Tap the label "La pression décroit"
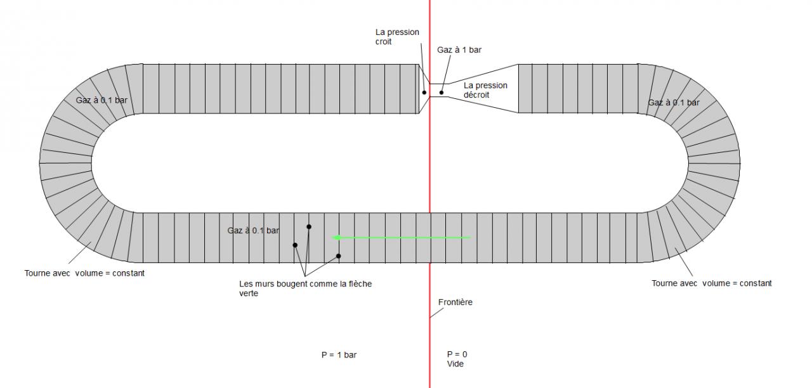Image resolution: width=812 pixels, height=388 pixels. [485, 90]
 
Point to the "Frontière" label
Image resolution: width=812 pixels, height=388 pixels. [455, 302]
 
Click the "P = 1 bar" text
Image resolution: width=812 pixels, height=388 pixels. [339, 355]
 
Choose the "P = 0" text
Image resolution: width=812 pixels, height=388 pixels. [457, 354]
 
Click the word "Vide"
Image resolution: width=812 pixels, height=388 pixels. [456, 364]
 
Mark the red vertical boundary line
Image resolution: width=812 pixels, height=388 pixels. [430, 190]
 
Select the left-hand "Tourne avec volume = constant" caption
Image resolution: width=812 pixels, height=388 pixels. [85, 273]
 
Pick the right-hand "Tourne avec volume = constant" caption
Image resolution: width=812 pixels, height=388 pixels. [712, 283]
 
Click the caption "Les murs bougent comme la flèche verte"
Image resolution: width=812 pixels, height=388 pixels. [305, 288]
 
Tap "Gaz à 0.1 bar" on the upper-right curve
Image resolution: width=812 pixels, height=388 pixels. [674, 103]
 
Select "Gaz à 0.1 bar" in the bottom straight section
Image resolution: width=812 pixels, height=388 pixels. [253, 231]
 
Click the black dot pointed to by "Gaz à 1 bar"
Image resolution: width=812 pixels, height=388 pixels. [442, 93]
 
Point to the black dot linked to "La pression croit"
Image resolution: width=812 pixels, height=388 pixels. [424, 93]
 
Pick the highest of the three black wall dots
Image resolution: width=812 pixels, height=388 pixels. [309, 226]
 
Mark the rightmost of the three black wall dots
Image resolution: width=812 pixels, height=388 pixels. [338, 256]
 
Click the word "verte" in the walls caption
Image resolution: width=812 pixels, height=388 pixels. [249, 294]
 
